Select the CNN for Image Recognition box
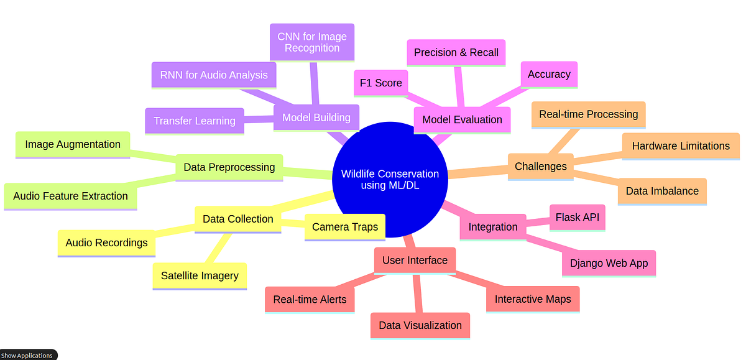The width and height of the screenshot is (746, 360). point(312,42)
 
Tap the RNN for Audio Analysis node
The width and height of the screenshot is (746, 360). point(213,75)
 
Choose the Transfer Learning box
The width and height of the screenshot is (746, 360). point(195,121)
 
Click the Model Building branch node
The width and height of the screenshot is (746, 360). point(316,118)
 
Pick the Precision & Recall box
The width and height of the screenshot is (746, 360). point(456,53)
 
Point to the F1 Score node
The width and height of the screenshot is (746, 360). point(380,83)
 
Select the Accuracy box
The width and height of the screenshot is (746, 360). point(549,74)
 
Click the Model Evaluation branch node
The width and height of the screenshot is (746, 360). point(462,119)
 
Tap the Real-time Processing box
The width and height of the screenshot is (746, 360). point(588,114)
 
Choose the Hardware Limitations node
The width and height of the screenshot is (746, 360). point(681,146)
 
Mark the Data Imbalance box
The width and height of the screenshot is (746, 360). point(662,191)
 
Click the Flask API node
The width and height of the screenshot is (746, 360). point(578,218)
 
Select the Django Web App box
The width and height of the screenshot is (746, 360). point(609,263)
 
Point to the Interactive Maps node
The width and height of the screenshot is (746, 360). point(533,299)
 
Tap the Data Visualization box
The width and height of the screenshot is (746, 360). point(420,325)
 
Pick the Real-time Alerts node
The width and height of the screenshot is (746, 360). point(310,299)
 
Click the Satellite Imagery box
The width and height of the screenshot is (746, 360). point(200,275)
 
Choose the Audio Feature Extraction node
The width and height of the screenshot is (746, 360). point(70,196)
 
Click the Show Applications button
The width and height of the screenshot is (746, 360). point(27,355)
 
